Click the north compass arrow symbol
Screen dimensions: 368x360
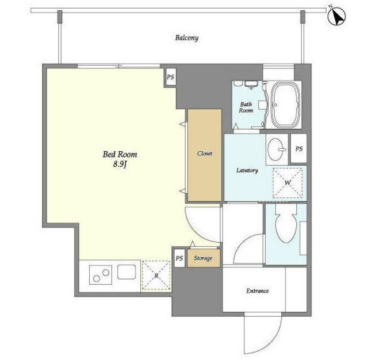pyautogui.click(x=336, y=16)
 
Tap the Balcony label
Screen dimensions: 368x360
pyautogui.click(x=187, y=38)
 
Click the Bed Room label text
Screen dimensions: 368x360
pyautogui.click(x=120, y=154)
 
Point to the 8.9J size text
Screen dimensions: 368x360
pyautogui.click(x=120, y=164)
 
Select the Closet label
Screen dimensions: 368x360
pyautogui.click(x=205, y=154)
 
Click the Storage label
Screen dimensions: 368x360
pyautogui.click(x=203, y=258)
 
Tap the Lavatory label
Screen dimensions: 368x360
pyautogui.click(x=247, y=170)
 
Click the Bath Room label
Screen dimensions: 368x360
pyautogui.click(x=246, y=107)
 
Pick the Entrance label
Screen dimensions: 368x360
pyautogui.click(x=258, y=291)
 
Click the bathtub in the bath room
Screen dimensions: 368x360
pyautogui.click(x=285, y=105)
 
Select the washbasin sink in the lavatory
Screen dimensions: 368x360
pyautogui.click(x=276, y=150)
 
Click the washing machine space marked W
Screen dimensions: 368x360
pyautogui.click(x=287, y=182)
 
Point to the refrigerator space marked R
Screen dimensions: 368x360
pyautogui.click(x=156, y=275)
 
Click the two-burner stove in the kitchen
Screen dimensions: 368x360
pyautogui.click(x=101, y=275)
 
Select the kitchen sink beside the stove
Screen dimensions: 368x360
pyautogui.click(x=126, y=272)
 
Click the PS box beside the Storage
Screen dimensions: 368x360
pyautogui.click(x=179, y=258)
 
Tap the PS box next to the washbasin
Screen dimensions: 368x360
pyautogui.click(x=299, y=148)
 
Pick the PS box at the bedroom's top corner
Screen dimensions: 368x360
pyautogui.click(x=171, y=76)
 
